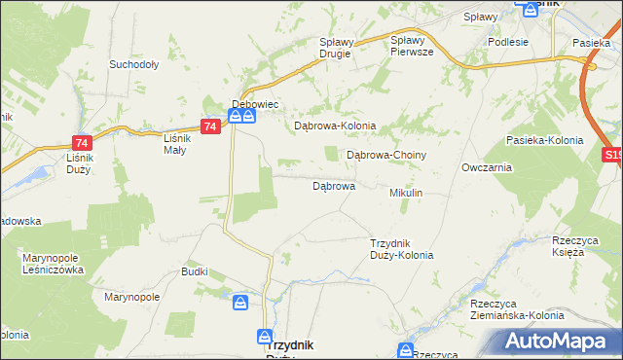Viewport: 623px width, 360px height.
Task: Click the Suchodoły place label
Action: (134, 65)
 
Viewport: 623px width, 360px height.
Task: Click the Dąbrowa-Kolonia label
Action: (335, 126)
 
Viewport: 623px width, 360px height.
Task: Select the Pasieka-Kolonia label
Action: (544, 140)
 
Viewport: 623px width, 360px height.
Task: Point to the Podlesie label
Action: (508, 42)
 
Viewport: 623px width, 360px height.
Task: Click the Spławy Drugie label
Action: (340, 48)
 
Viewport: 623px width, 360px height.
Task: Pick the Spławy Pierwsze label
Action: (411, 46)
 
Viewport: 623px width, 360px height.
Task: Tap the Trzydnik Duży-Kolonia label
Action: (401, 249)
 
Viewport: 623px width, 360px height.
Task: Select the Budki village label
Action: (195, 271)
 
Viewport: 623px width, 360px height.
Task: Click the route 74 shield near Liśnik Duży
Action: (82, 141)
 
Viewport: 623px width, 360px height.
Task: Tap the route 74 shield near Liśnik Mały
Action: (210, 126)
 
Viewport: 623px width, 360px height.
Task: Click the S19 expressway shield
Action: (612, 154)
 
